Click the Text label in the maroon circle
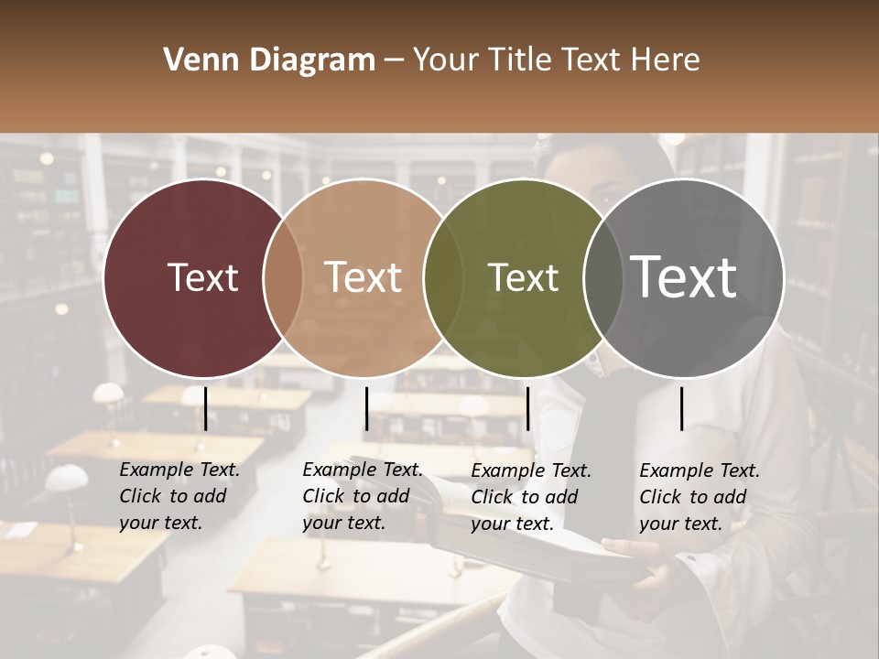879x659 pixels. click(202, 277)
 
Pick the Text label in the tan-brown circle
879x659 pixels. click(363, 277)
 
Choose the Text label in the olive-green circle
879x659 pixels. click(523, 277)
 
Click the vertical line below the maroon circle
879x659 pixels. click(205, 408)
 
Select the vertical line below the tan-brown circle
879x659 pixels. click(366, 408)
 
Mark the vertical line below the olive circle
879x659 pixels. click(527, 408)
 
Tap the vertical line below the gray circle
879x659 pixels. click(681, 408)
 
